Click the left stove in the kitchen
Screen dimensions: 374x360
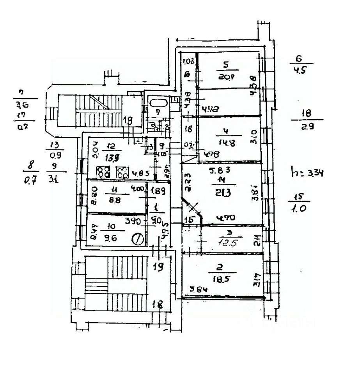[103, 172]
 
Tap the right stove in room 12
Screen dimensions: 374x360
[122, 172]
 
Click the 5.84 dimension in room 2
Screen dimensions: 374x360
[197, 289]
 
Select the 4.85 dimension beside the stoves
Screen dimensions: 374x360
[138, 174]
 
